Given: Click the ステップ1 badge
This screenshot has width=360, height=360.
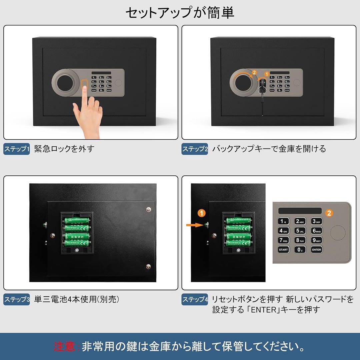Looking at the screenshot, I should (x=17, y=149).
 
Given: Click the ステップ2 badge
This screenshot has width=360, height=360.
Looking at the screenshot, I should (x=195, y=149).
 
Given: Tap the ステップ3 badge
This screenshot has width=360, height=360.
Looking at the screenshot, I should (x=17, y=299).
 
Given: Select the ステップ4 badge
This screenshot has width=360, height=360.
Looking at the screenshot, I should (x=195, y=299).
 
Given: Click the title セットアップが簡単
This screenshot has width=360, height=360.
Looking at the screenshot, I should (x=180, y=13).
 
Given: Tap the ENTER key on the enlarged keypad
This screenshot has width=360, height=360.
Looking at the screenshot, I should (x=316, y=249).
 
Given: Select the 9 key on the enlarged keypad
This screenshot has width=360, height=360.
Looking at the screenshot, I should (x=316, y=240).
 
